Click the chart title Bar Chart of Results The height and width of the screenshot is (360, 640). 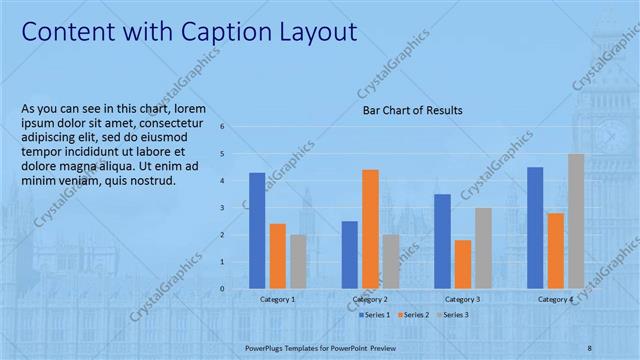(x=412, y=110)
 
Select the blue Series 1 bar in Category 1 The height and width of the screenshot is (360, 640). (x=257, y=230)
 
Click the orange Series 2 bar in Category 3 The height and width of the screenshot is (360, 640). (x=462, y=264)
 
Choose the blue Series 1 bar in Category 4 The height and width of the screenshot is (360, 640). (x=535, y=227)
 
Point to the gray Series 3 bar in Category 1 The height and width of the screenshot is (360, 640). (x=298, y=261)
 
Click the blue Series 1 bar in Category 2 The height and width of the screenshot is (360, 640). (x=349, y=254)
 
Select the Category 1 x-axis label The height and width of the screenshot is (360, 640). (x=277, y=299)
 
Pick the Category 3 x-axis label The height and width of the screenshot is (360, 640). (x=462, y=299)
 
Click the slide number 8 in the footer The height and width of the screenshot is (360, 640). (x=590, y=346)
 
